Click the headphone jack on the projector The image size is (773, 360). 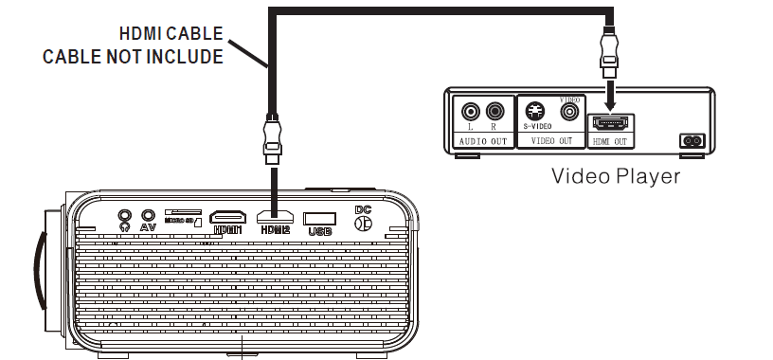point(124,215)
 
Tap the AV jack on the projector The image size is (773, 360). point(148,215)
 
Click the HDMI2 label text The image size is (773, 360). point(274,230)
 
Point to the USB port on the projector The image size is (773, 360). point(320,216)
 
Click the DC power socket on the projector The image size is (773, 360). point(361,225)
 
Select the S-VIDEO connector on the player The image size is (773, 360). point(536,109)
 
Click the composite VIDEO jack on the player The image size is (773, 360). point(569,112)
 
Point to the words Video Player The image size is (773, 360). point(616,176)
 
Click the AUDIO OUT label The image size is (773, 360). point(482,141)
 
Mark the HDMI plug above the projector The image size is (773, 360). point(273,136)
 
